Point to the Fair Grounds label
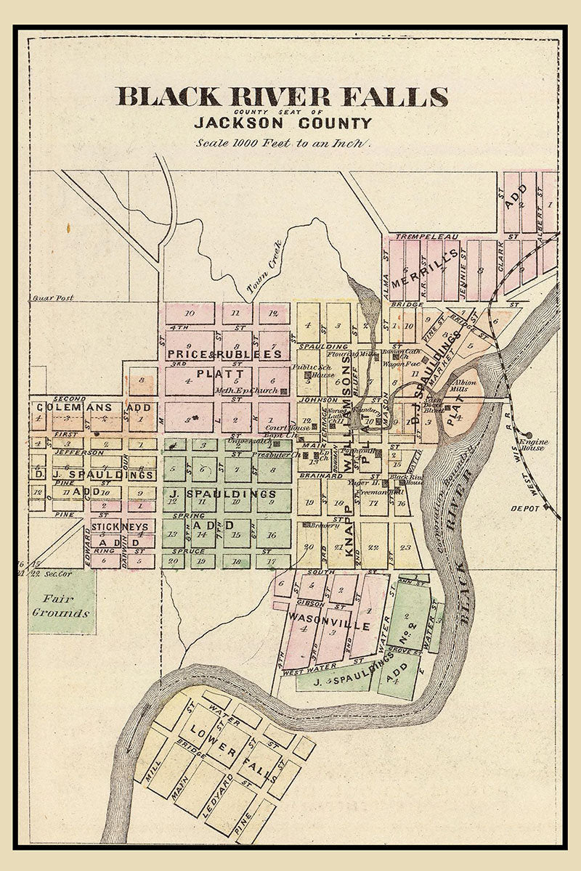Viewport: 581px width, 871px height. click(62, 605)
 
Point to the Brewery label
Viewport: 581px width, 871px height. click(325, 531)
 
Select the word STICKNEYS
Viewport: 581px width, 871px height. click(120, 526)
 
